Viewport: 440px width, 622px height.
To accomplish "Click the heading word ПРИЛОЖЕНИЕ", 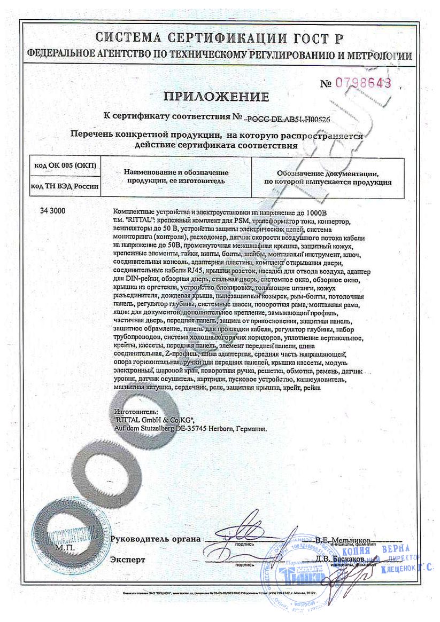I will coord(216,97).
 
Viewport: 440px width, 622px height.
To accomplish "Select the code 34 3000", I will coord(52,211).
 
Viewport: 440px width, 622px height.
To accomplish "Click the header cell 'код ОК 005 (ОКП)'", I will coord(64,166).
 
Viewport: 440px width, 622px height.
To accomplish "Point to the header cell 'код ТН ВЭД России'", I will coord(65,186).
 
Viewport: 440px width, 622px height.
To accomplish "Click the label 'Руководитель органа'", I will coord(156,539).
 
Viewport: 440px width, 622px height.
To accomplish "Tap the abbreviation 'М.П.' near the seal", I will coord(65,548).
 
